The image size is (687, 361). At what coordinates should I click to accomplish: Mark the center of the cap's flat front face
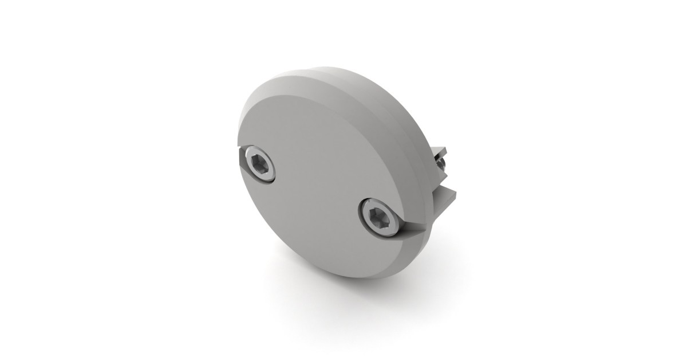(x=321, y=189)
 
